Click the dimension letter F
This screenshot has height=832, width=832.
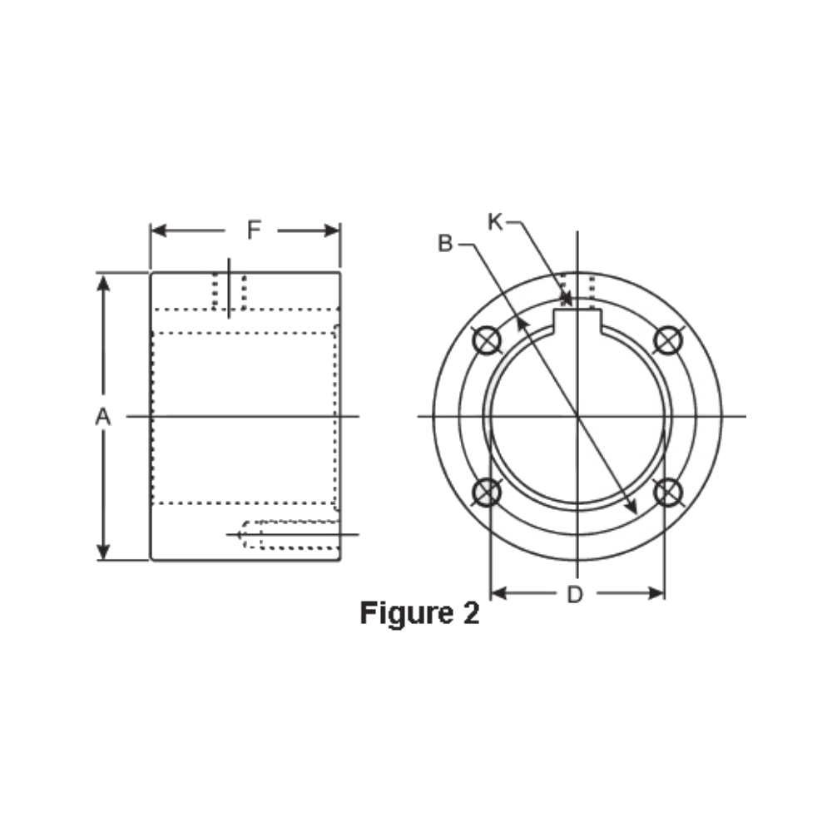tap(255, 230)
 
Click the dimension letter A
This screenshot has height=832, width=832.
tap(102, 417)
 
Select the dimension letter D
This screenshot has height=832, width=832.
tap(575, 595)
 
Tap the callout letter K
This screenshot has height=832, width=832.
tap(495, 221)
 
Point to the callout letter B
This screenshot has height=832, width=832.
tap(445, 244)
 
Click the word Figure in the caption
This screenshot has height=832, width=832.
tap(403, 614)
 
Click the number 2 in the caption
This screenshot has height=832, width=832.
tap(469, 614)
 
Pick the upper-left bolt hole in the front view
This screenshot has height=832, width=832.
tap(486, 339)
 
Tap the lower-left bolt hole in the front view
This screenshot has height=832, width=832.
tap(486, 493)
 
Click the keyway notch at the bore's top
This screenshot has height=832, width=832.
tap(578, 319)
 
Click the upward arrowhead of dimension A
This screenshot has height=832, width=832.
tap(103, 283)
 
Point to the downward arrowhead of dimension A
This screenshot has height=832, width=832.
tap(103, 551)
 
